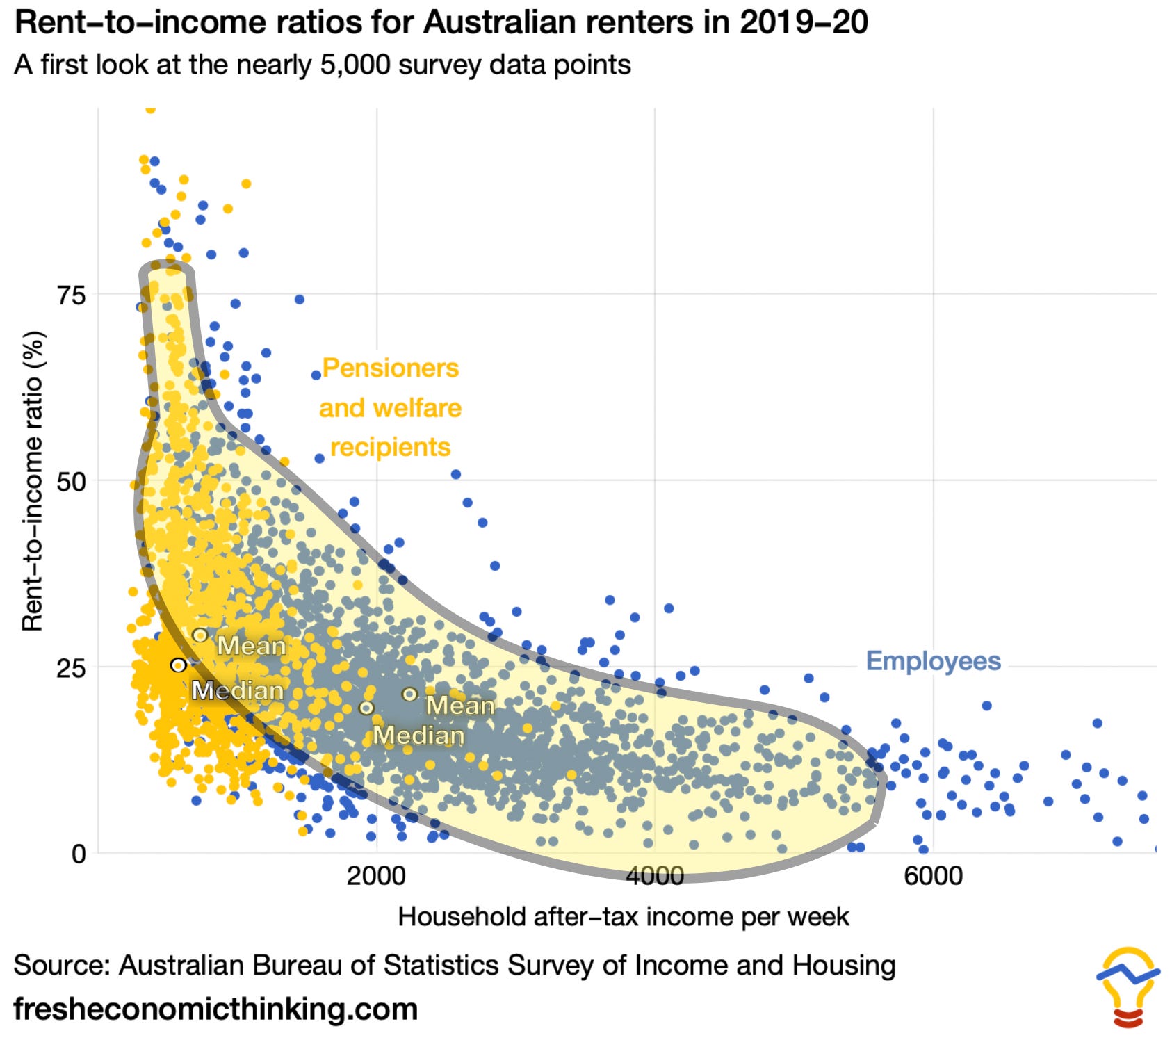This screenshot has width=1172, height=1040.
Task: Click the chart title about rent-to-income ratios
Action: point(441,22)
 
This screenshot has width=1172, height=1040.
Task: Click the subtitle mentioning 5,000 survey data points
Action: point(323,65)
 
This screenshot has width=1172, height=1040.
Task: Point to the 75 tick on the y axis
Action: point(72,295)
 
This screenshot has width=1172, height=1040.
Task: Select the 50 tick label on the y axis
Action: point(72,481)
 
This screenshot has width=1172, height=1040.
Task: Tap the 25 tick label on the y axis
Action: point(72,667)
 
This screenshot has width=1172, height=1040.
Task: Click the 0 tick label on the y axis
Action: point(79,854)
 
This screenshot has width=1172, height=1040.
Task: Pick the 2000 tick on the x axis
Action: point(376,876)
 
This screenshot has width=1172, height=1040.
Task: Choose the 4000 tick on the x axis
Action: point(655,876)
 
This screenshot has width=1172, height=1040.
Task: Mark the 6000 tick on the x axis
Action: point(934,876)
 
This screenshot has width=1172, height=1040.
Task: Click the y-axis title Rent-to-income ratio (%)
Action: point(33,481)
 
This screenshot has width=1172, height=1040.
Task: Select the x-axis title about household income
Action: point(624,917)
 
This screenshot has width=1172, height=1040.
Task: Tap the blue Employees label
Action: point(933,660)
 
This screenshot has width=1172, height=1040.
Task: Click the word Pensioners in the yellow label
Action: point(391,368)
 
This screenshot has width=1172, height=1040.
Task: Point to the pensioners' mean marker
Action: point(200,635)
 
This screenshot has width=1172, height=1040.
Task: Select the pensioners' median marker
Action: point(179,665)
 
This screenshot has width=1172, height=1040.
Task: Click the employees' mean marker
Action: point(410,694)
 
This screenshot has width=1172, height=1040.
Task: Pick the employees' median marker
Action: point(366,708)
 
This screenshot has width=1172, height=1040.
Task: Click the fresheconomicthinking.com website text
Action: point(215,1009)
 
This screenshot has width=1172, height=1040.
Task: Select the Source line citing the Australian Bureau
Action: point(455,966)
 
